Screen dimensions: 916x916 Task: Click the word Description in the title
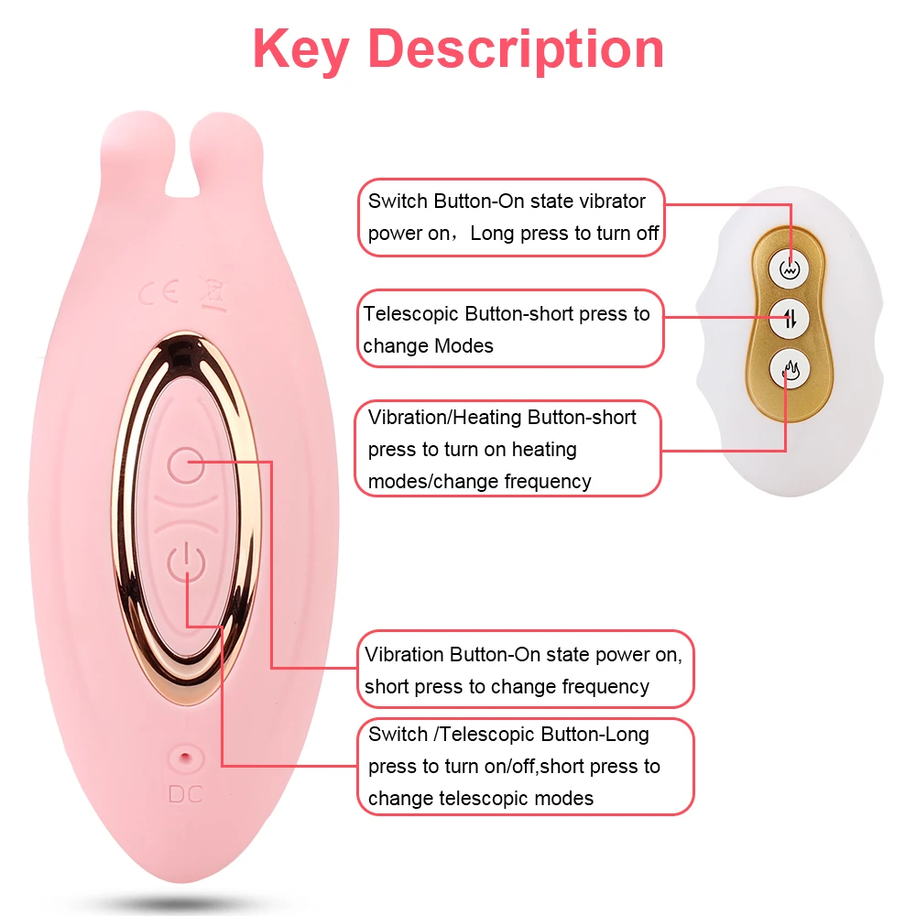pos(517,49)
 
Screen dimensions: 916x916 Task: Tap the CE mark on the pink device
pos(157,296)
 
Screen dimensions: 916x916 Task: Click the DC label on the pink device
pos(185,793)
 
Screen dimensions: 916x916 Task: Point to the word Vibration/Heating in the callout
pos(446,418)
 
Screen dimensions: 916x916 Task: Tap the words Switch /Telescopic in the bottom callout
pos(452,735)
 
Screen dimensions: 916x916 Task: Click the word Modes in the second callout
pos(463,346)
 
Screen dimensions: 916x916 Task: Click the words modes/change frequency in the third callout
pos(479,482)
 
